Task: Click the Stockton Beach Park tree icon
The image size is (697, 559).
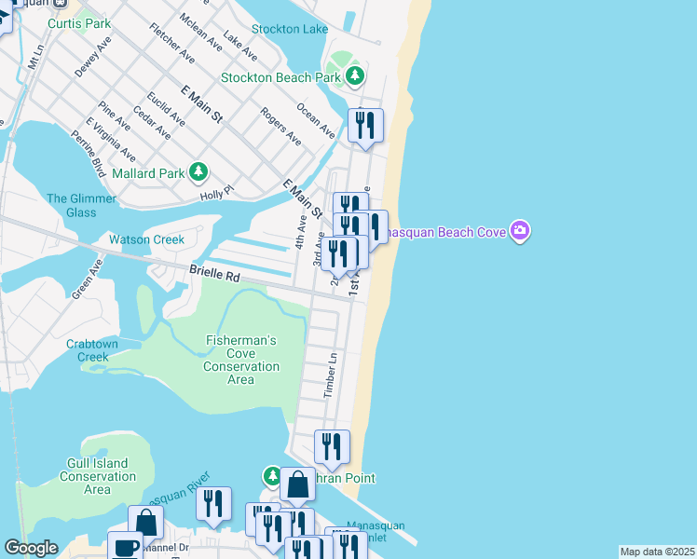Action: tap(354, 76)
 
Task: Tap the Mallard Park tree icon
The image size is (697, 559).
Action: tap(198, 171)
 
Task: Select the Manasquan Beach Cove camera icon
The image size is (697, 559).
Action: tap(520, 231)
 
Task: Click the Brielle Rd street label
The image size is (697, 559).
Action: tap(214, 276)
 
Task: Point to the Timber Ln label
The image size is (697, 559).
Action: tap(330, 375)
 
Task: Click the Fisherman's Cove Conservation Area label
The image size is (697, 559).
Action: tap(240, 360)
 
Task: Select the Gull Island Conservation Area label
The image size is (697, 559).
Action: tap(98, 476)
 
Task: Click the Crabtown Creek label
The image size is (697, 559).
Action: tap(92, 350)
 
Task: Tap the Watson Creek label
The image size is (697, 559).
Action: tap(146, 239)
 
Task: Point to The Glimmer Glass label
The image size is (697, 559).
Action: tap(82, 205)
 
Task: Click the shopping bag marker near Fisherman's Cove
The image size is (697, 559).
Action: tap(297, 485)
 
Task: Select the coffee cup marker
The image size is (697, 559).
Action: tap(126, 547)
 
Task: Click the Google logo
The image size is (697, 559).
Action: tap(31, 548)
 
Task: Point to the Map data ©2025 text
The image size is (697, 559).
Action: tap(656, 552)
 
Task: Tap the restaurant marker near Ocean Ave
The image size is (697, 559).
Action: tap(365, 126)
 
